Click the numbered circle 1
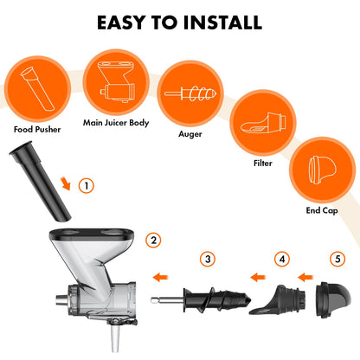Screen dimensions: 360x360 point(86,185)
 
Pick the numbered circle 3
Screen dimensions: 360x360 point(207,259)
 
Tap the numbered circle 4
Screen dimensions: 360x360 point(282,259)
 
